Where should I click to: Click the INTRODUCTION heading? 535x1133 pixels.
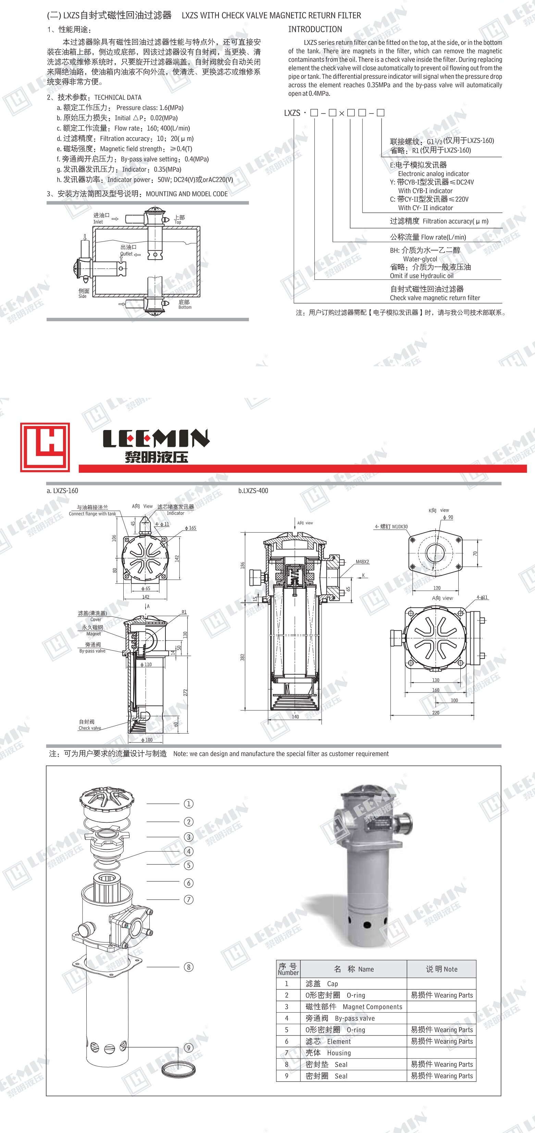coord(315,29)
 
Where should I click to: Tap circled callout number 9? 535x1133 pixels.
coord(188,1048)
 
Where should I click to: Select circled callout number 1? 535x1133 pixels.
coord(188,804)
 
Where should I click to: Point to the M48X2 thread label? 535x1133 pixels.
coord(362,562)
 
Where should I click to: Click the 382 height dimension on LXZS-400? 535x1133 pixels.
coord(242,657)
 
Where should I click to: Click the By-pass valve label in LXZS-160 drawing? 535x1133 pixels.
coord(92,651)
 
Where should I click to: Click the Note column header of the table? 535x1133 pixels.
coord(441,969)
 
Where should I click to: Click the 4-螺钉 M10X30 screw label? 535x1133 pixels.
coord(391,526)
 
